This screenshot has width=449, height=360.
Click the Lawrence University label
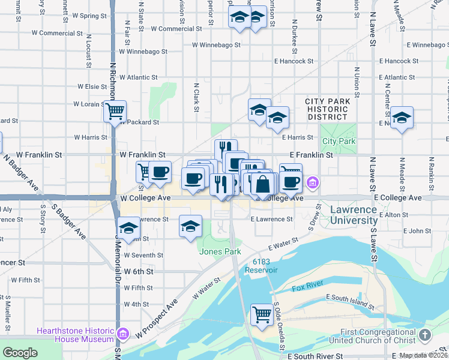tap(353, 215)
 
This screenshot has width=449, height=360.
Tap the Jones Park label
tap(220, 252)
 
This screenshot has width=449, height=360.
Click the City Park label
tap(339, 142)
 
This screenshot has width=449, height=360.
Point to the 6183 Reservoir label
tap(261, 266)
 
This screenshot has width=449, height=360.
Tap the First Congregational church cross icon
tap(425, 335)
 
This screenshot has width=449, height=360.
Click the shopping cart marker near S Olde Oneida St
tap(262, 314)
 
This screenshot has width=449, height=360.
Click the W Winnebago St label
tap(216, 44)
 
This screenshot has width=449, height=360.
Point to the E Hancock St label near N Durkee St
tap(294, 61)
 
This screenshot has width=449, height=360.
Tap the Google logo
tap(20, 353)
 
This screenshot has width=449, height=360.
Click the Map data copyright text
tap(423, 355)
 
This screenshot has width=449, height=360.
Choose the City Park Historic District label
tap(327, 109)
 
